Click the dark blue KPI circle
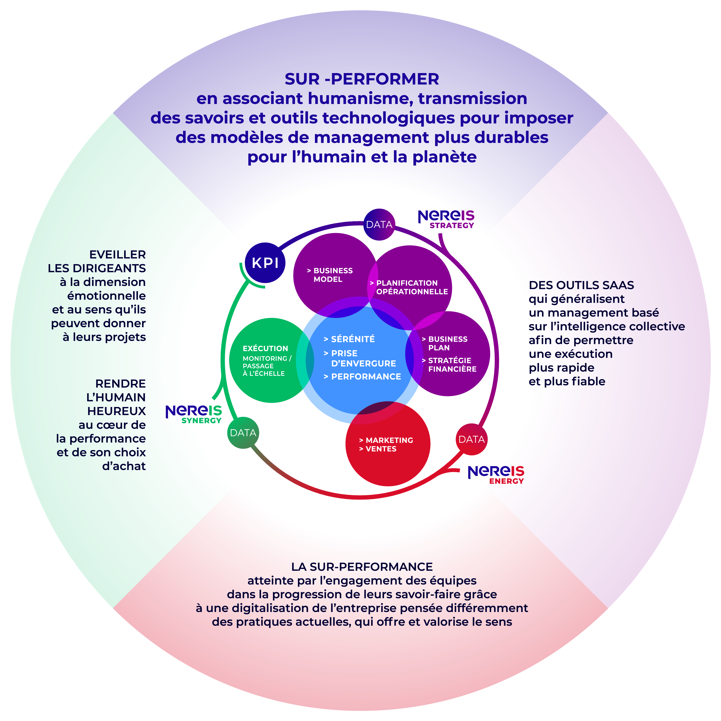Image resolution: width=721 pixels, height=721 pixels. [265, 263]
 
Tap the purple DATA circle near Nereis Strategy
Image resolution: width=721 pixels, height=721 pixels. [379, 224]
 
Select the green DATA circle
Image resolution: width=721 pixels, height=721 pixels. [243, 433]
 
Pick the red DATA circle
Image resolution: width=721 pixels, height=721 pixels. [472, 439]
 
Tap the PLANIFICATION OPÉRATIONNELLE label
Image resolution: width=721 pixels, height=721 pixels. [409, 287]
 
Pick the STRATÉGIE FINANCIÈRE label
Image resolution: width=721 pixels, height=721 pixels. [449, 365]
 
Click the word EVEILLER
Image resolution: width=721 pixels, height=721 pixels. [117, 254]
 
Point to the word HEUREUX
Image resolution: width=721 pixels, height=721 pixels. [116, 411]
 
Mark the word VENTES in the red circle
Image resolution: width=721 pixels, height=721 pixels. [378, 449]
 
